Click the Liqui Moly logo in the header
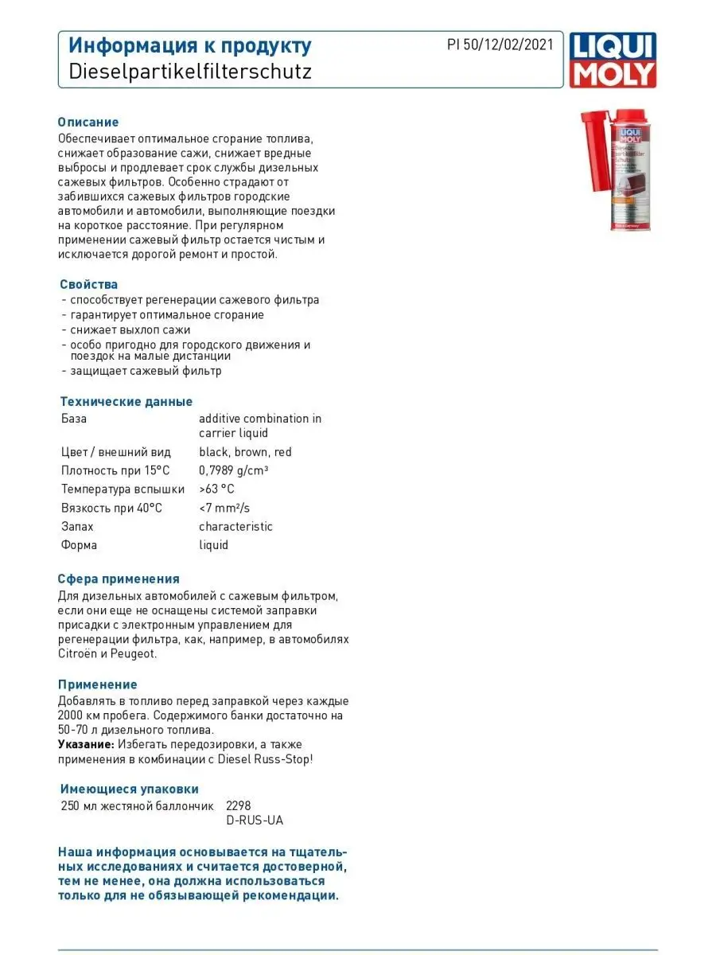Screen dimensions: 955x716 tap(612, 60)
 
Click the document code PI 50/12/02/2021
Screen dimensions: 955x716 tap(500, 45)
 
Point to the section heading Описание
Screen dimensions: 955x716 tap(88, 123)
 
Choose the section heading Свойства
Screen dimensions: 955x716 tap(88, 284)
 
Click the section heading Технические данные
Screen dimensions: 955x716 tap(126, 401)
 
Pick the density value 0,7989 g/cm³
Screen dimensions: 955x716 tap(233, 470)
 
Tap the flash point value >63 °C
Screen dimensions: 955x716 tap(216, 489)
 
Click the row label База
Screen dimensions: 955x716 tap(74, 419)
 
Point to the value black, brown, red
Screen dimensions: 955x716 tap(245, 452)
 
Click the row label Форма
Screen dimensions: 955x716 tap(79, 545)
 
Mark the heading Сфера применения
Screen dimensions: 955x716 tap(119, 579)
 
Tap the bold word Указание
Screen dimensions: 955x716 tap(85, 744)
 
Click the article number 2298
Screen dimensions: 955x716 tap(239, 805)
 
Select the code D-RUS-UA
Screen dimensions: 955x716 tap(255, 821)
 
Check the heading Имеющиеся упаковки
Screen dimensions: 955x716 tap(130, 789)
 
